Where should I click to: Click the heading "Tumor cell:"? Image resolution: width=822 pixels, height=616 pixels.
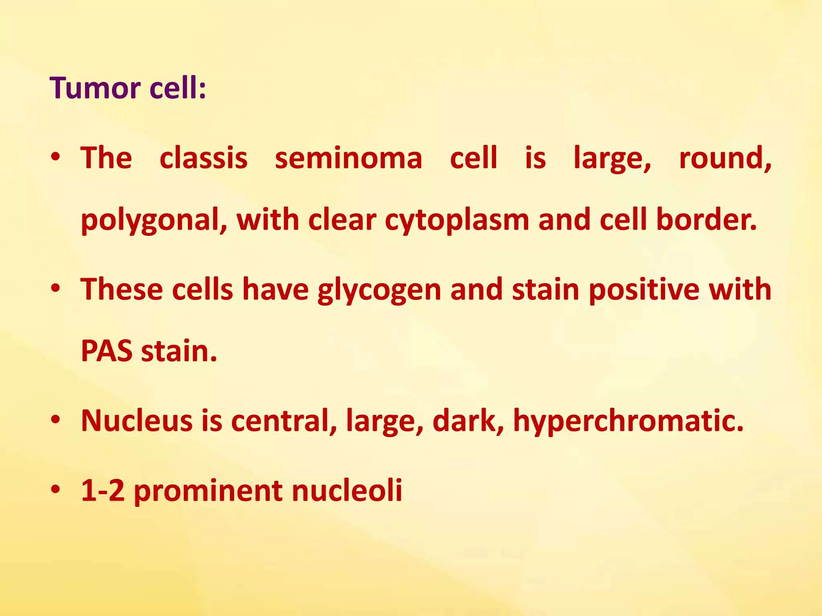click(x=128, y=88)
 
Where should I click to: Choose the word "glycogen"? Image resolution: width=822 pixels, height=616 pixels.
click(x=379, y=290)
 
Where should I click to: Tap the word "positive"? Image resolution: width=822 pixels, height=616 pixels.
click(x=644, y=290)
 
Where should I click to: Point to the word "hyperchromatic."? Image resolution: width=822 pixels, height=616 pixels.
click(x=628, y=421)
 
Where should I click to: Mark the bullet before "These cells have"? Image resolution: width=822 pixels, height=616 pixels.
click(x=56, y=288)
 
